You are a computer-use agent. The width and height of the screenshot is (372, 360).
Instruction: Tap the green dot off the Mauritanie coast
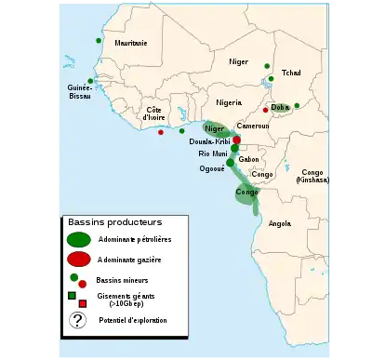[99, 41]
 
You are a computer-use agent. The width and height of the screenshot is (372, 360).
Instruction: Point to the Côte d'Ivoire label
[153, 114]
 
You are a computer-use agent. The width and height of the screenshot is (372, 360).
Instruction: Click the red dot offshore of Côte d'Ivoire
[161, 132]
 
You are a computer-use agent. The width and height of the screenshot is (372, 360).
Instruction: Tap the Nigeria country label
[228, 102]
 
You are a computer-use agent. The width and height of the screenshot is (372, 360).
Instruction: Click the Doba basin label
[280, 108]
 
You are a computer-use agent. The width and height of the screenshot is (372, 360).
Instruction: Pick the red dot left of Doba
[265, 110]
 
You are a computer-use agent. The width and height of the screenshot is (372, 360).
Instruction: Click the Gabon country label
[248, 160]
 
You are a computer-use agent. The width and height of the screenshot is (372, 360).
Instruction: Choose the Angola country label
[279, 223]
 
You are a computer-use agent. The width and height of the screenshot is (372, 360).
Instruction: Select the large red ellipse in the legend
[79, 259]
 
